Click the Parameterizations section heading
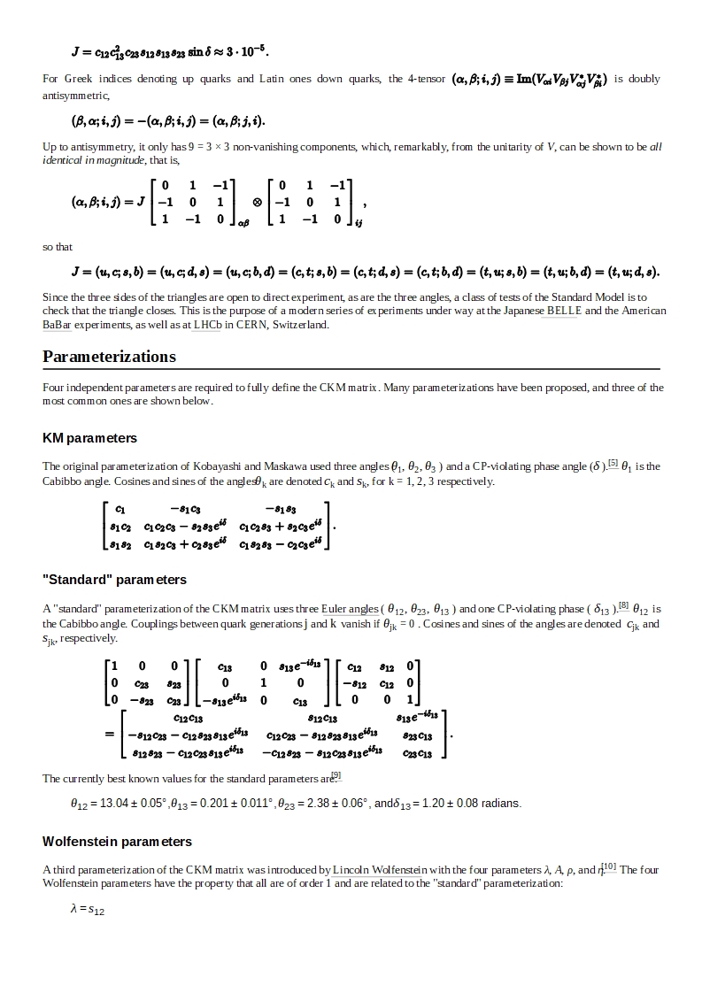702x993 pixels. pos(109,357)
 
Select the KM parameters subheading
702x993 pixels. pos(89,438)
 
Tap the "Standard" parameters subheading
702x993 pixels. pos(114,580)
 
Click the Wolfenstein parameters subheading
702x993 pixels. pos(117,842)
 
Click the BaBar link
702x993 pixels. pos(56,325)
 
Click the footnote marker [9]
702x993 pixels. pos(336,775)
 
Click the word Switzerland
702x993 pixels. pos(303,325)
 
